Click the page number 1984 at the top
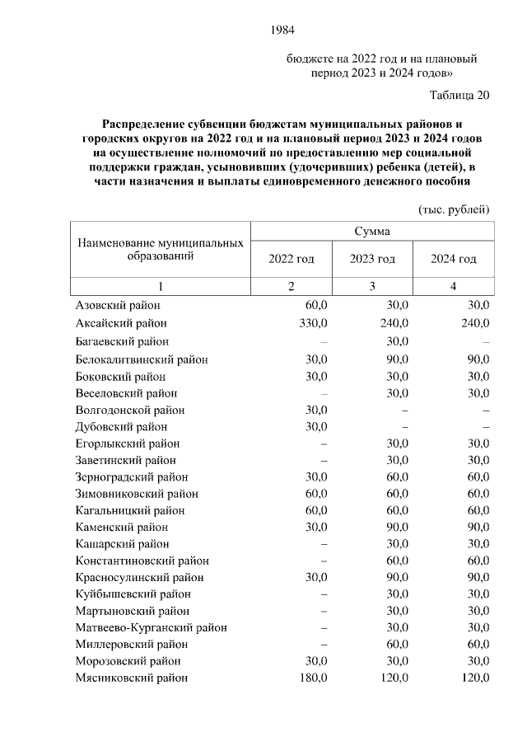coord(282,30)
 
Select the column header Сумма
coord(372,232)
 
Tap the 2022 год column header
coord(291,259)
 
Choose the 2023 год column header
coord(372,259)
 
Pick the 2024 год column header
coord(454,259)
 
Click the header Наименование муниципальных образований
coord(161,250)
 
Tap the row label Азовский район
coord(115,306)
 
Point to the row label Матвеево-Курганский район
coord(151,627)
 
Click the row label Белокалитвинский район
coord(142,359)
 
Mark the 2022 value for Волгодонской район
coord(316,410)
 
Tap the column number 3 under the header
coord(372,286)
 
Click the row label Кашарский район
coord(122,544)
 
